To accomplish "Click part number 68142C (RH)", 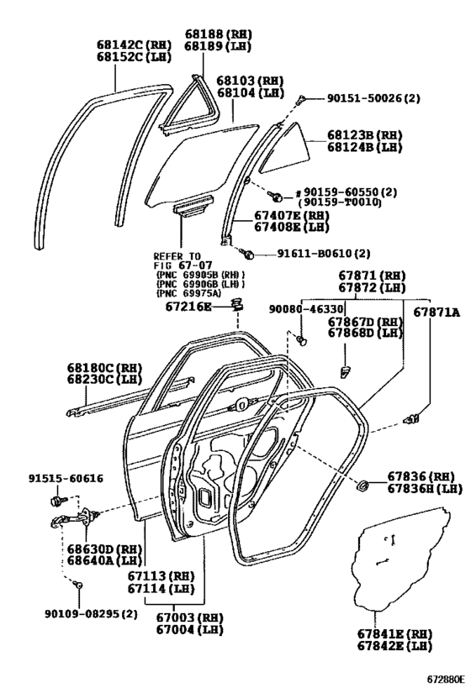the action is [x=134, y=45].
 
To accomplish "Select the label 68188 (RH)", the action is [x=219, y=34].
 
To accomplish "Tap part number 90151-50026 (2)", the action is [x=373, y=98].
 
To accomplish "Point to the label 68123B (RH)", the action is [x=365, y=134].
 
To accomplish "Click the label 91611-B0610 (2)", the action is [x=323, y=253].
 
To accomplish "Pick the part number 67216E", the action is [x=188, y=307].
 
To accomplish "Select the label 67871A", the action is [x=437, y=312].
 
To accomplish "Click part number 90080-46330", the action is [x=306, y=309].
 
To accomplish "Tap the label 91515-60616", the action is [x=66, y=478].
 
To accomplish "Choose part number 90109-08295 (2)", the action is [x=91, y=614].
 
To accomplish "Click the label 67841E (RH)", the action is [x=394, y=633].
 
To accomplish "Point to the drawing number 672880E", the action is [x=445, y=679].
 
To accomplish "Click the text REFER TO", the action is [x=177, y=256].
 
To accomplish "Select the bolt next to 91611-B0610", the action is [x=247, y=253].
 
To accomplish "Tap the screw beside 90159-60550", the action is [x=275, y=196].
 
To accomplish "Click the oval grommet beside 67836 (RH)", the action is [x=362, y=486].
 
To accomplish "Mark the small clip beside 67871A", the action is [x=411, y=419].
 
